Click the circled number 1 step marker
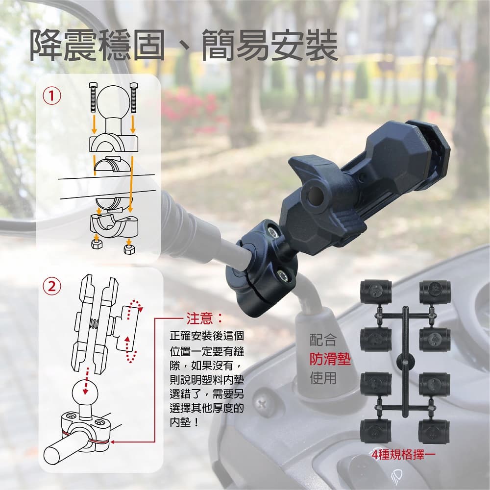click(x=52, y=96)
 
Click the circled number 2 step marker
click(x=52, y=286)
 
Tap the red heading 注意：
click(x=205, y=318)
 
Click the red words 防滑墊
click(x=330, y=359)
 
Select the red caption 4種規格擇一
click(x=403, y=455)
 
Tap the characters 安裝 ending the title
click(x=304, y=45)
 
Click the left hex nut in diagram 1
click(x=97, y=244)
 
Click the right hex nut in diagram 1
click(x=129, y=249)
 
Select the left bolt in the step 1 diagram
click(x=93, y=97)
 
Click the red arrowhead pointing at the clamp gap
click(x=113, y=442)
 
